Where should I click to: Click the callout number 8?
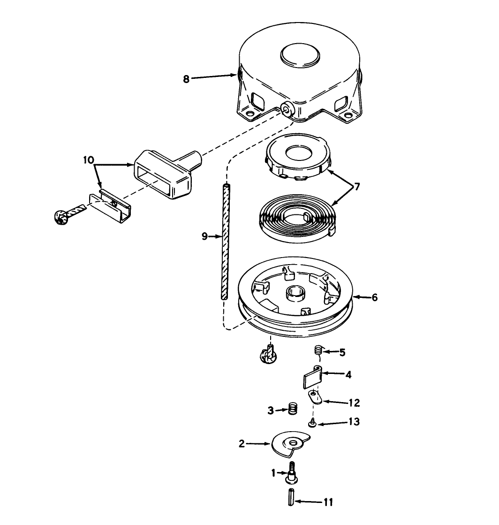click(186, 79)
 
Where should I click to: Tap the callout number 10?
click(89, 160)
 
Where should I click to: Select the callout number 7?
click(357, 187)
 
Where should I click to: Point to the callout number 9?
click(205, 236)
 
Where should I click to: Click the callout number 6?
click(375, 297)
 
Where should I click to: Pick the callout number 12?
click(354, 403)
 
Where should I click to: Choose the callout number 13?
click(354, 421)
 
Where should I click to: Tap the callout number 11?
click(328, 502)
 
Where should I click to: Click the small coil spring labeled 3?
click(293, 409)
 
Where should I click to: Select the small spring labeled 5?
click(319, 351)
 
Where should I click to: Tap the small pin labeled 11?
click(291, 497)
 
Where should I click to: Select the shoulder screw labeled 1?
click(292, 473)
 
